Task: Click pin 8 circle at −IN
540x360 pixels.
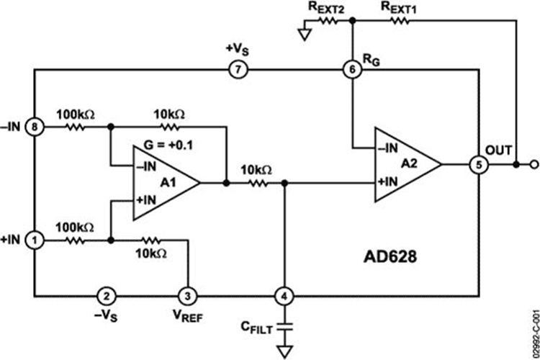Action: tap(33, 126)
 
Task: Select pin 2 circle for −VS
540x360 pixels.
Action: tap(107, 296)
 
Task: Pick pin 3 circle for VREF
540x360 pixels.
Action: tap(187, 296)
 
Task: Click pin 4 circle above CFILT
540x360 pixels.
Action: tap(285, 296)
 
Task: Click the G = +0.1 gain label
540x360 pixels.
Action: tap(171, 142)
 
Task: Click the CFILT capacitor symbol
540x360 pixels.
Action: tap(285, 325)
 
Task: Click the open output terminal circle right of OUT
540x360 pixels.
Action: tap(533, 164)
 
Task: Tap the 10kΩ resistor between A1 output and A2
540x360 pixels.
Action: tap(256, 183)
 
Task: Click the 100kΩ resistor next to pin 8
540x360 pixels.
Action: tap(75, 126)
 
